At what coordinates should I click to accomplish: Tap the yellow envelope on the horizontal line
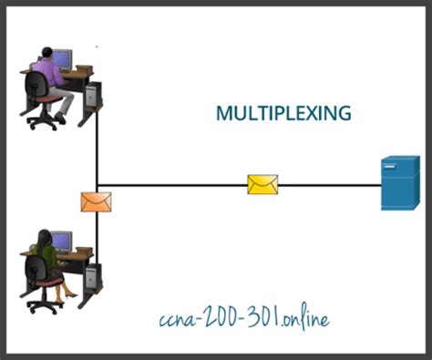(262, 185)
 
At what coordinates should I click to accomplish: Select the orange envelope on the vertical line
(96, 201)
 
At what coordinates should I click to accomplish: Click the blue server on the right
(400, 183)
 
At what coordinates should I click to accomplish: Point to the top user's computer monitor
(62, 60)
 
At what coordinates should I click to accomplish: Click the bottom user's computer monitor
(62, 241)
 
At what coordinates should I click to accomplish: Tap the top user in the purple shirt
(47, 75)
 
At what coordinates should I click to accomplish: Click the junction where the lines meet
(97, 185)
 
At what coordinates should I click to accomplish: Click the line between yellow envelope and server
(328, 185)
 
